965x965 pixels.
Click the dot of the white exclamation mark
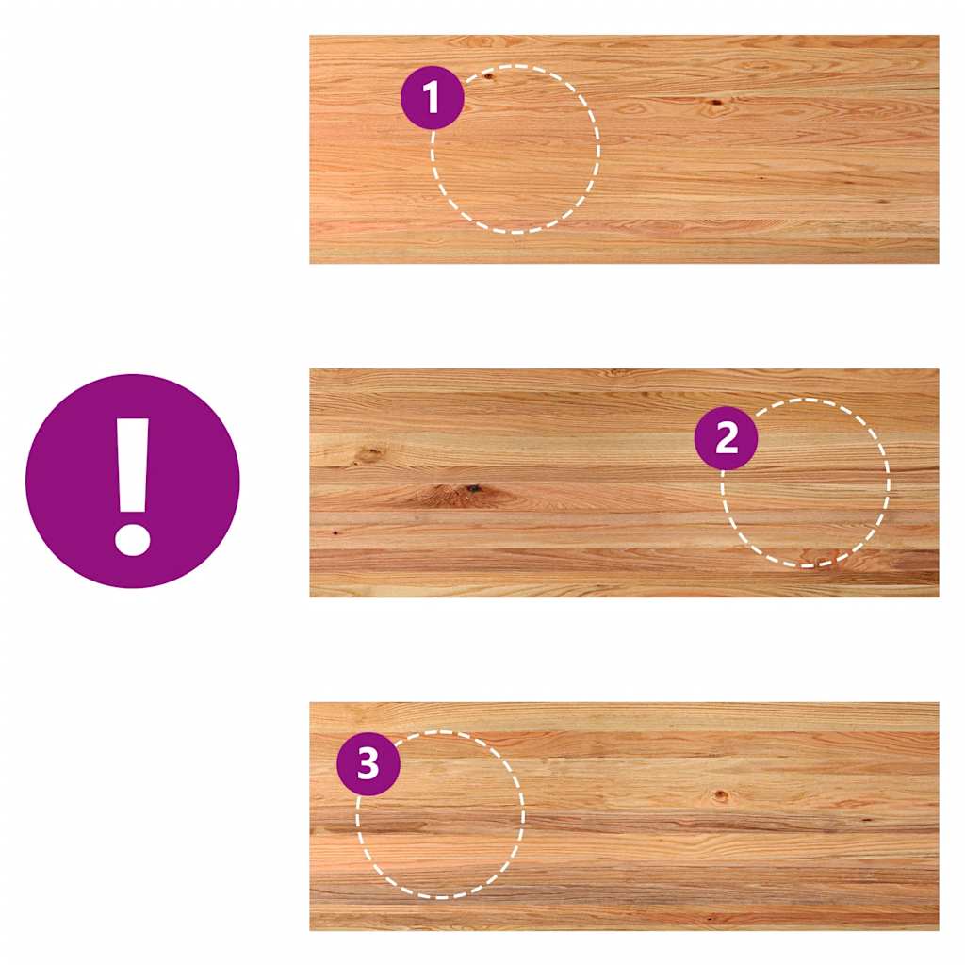(x=132, y=539)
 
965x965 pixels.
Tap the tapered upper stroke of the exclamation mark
(x=132, y=466)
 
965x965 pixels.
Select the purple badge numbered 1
(x=432, y=97)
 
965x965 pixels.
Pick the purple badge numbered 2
(x=727, y=438)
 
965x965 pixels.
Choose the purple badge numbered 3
(x=368, y=763)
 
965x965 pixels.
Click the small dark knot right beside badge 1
(x=489, y=76)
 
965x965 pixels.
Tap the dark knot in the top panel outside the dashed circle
(x=716, y=103)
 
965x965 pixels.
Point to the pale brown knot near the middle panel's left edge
(x=369, y=454)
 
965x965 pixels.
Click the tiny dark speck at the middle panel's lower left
(x=335, y=532)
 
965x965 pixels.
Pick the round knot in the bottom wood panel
(x=720, y=795)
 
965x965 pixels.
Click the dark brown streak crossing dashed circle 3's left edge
(x=375, y=828)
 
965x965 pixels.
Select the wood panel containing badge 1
(x=624, y=150)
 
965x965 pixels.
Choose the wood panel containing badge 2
(x=624, y=483)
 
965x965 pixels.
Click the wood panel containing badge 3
(x=624, y=816)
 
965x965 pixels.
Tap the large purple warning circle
(x=132, y=482)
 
